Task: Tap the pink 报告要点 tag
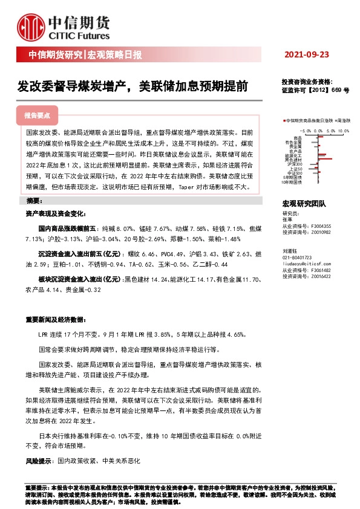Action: (37, 115)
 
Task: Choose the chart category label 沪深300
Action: (295, 164)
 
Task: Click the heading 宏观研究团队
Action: (304, 204)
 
